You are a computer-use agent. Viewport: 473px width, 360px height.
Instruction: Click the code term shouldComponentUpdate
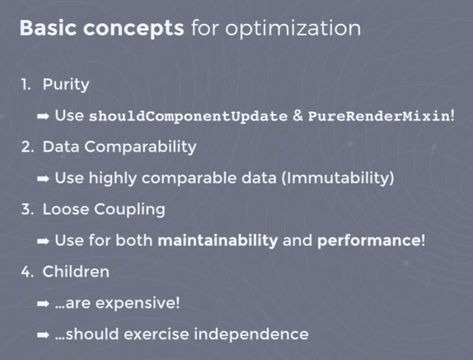point(188,115)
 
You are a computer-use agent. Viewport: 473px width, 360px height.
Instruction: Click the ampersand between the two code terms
point(297,115)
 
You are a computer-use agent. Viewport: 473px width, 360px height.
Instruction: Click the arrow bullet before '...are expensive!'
point(45,303)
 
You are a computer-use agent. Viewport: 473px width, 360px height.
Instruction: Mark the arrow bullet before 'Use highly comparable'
point(45,178)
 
